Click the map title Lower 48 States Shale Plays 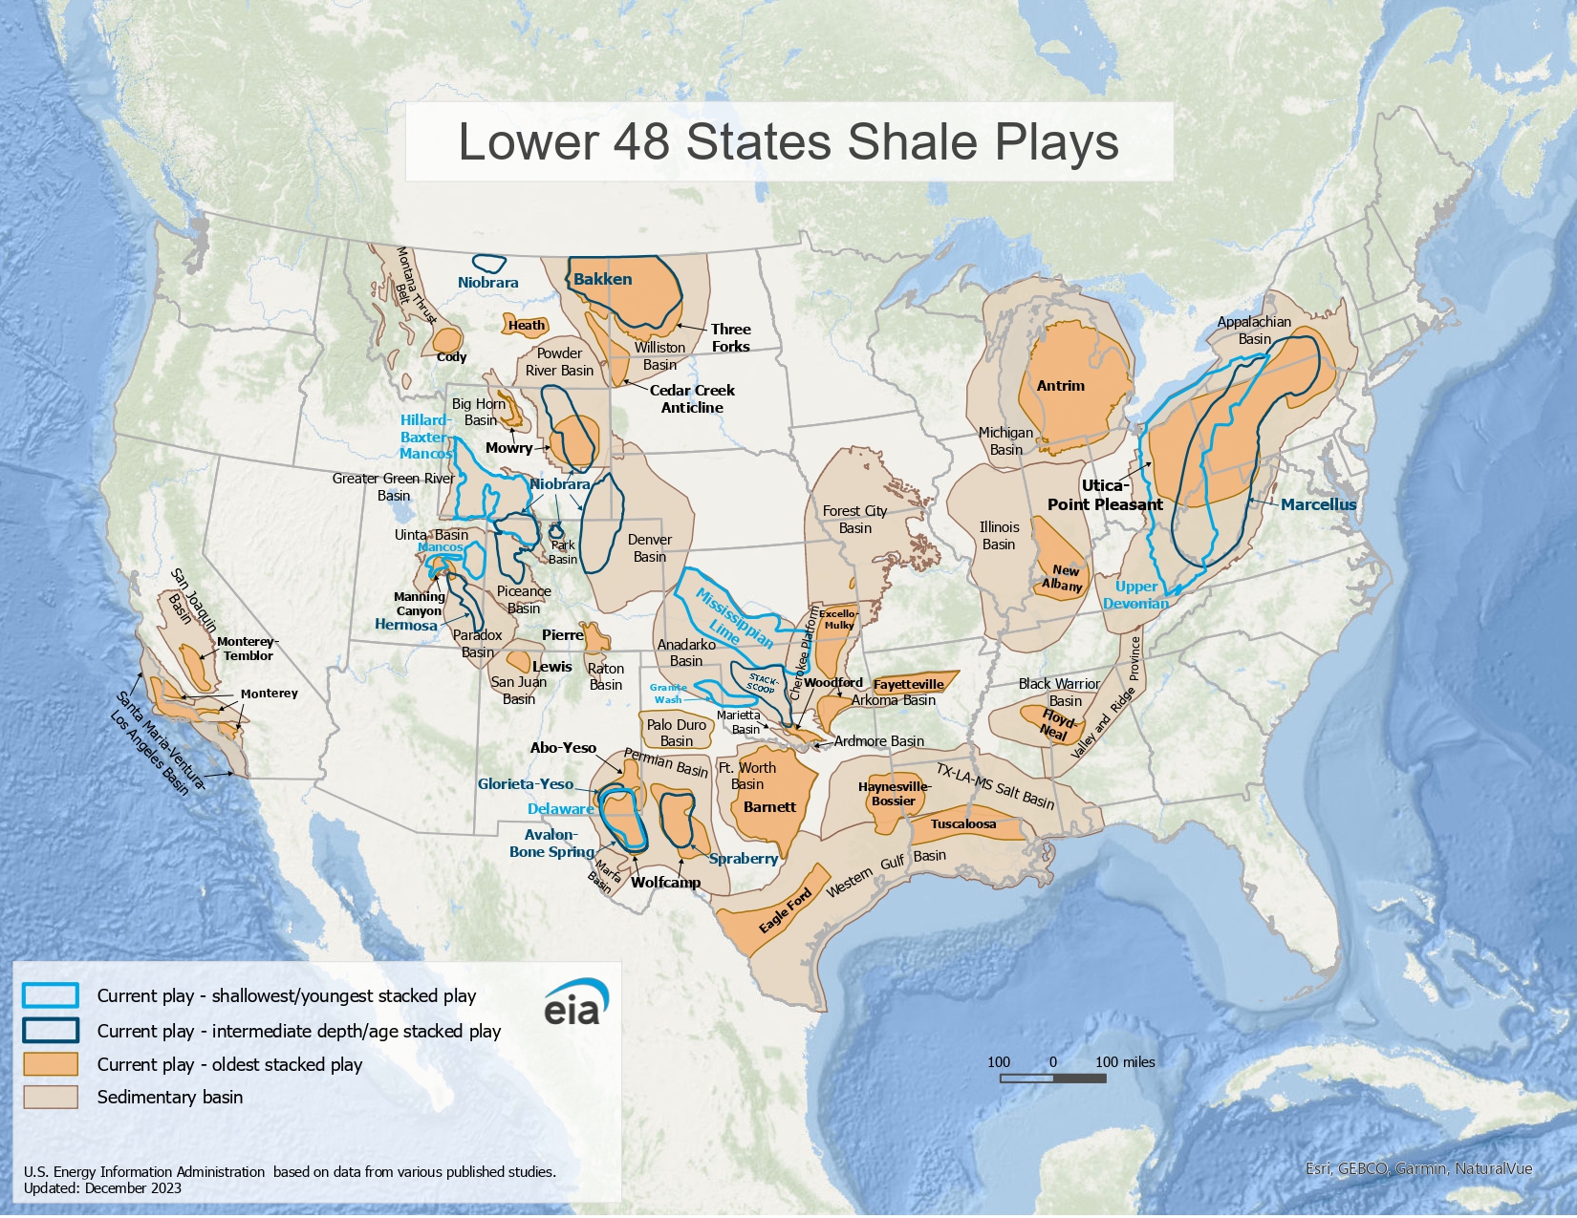(788, 141)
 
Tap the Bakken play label (602, 279)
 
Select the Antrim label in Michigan (1060, 386)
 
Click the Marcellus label (1318, 504)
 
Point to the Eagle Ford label (786, 910)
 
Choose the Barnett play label (769, 807)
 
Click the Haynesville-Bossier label (894, 794)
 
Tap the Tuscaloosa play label (962, 823)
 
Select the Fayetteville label (908, 684)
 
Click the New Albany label (1063, 578)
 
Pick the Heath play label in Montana (526, 325)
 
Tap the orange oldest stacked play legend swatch (51, 1064)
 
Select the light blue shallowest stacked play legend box (51, 995)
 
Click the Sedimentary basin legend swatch (51, 1097)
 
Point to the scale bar (1052, 1078)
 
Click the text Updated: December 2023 (102, 1188)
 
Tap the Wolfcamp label (665, 882)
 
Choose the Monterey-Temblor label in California (247, 649)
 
